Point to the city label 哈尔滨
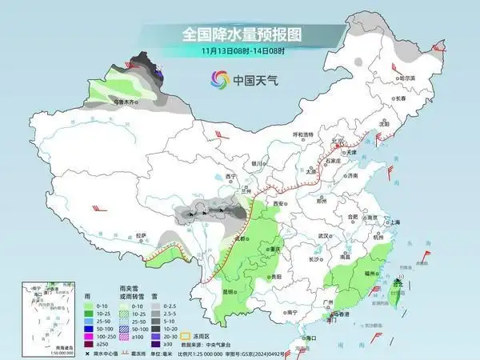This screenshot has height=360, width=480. [407, 78]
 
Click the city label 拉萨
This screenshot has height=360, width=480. [142, 234]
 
